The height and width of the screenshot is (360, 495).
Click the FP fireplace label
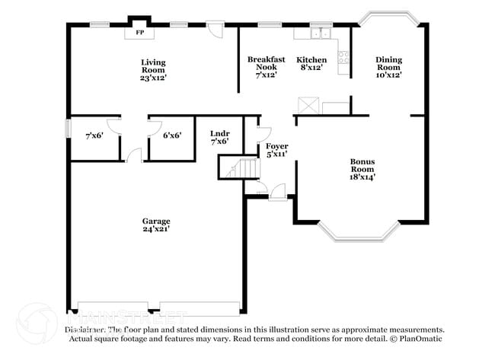[139, 33]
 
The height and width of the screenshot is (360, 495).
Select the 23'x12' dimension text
[153, 77]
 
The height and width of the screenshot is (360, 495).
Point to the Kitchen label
[311, 59]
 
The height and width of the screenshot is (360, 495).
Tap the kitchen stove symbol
[343, 56]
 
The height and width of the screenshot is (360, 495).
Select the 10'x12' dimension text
[388, 75]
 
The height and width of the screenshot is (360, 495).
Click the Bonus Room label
[362, 165]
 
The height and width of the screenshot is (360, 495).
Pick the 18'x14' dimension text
[362, 177]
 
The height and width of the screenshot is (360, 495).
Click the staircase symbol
[238, 167]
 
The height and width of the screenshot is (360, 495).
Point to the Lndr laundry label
[219, 134]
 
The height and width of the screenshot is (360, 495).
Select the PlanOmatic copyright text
[416, 338]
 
